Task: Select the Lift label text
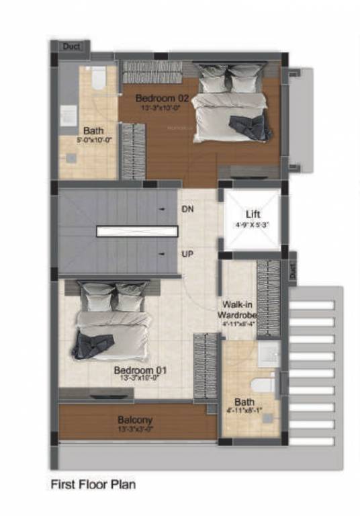pyautogui.click(x=251, y=214)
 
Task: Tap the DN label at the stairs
pyautogui.click(x=189, y=209)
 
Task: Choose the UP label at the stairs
pyautogui.click(x=189, y=256)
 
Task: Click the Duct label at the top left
pyautogui.click(x=71, y=47)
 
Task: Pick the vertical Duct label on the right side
pyautogui.click(x=293, y=269)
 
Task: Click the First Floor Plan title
pyautogui.click(x=93, y=483)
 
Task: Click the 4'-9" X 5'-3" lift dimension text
pyautogui.click(x=251, y=225)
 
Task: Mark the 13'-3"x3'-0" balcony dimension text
pyautogui.click(x=136, y=428)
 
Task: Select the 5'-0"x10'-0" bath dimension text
pyautogui.click(x=93, y=140)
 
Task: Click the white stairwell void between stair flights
pyautogui.click(x=137, y=231)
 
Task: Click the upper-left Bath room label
pyautogui.click(x=93, y=131)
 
